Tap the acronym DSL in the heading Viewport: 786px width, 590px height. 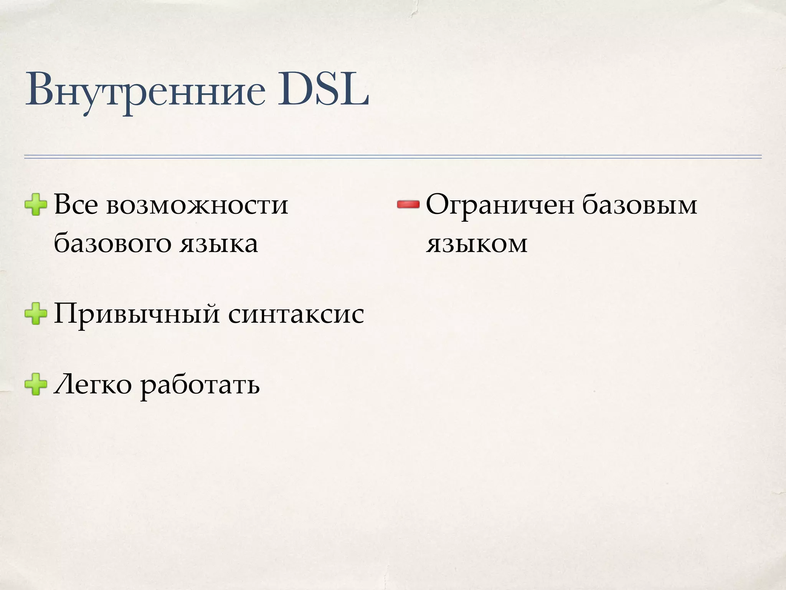pos(323,91)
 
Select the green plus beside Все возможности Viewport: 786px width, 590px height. pos(36,205)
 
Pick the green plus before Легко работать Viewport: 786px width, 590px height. pos(36,385)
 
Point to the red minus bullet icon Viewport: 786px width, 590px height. pos(408,205)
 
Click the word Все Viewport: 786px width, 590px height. pos(76,205)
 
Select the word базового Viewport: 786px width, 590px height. pos(112,244)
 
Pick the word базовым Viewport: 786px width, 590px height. pos(639,205)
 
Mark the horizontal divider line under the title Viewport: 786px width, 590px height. pos(393,157)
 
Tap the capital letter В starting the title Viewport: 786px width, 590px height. pos(38,91)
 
